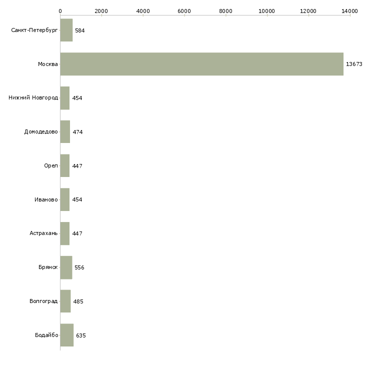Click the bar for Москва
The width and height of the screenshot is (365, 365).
coord(201,64)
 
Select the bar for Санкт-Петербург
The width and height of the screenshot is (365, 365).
coord(66,30)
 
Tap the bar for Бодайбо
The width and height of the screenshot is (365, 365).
coord(67,335)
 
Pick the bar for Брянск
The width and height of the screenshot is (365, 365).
coord(66,267)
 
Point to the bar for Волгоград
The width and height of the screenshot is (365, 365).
coord(65,301)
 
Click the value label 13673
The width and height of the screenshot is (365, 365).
coord(354,64)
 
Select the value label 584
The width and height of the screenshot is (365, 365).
coord(80,30)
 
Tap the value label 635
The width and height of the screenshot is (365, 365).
coord(81,335)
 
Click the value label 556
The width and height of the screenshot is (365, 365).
coord(79,267)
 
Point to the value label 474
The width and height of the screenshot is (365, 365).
coord(77,132)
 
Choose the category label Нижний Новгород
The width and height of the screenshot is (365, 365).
coord(33,98)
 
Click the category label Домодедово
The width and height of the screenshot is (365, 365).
coord(41,132)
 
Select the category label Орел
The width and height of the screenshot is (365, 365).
coord(50,166)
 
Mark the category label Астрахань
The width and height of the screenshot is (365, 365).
coord(43,233)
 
